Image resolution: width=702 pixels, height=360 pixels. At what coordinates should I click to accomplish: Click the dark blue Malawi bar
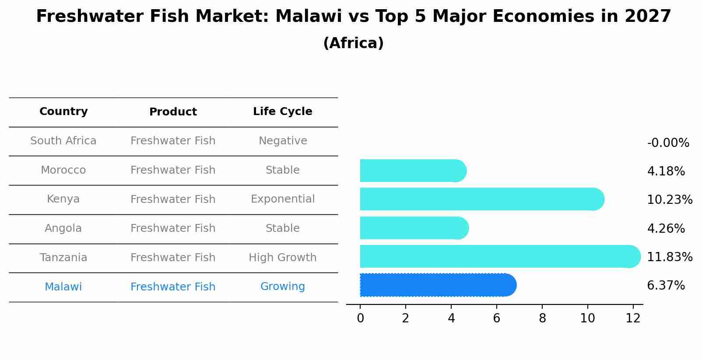coord(438,285)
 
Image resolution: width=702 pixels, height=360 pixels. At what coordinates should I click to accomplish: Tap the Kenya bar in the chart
coord(481,199)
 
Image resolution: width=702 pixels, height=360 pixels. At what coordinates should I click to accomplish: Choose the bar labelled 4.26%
coord(414,228)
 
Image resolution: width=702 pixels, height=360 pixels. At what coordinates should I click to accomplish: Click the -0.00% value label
coord(668,143)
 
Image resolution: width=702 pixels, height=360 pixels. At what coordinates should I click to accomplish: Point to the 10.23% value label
coord(670,200)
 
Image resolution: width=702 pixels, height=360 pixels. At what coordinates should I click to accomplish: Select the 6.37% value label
coord(666,286)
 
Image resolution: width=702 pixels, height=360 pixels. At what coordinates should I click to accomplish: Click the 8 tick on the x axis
coord(542,318)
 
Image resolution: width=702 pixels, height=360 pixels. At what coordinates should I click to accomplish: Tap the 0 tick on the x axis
coord(360,318)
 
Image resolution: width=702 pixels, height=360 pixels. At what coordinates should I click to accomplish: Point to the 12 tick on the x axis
coord(633,318)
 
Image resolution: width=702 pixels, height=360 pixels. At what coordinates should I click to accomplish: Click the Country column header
coord(63,112)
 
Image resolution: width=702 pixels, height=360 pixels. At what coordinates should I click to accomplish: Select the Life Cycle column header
coord(283,112)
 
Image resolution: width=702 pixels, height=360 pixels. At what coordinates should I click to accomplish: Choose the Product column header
coord(173,112)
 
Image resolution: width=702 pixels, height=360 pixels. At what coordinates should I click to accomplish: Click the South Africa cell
coord(63,141)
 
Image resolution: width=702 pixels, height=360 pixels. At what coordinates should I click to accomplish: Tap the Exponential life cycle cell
coord(283,199)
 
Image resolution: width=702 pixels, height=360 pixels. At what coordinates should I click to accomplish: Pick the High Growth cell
coord(283,258)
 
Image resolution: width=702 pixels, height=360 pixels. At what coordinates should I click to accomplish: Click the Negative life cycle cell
coord(283,141)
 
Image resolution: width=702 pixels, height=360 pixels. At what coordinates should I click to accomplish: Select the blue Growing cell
coord(283,287)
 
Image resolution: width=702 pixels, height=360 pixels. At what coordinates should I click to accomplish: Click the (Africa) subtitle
coord(353,43)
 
